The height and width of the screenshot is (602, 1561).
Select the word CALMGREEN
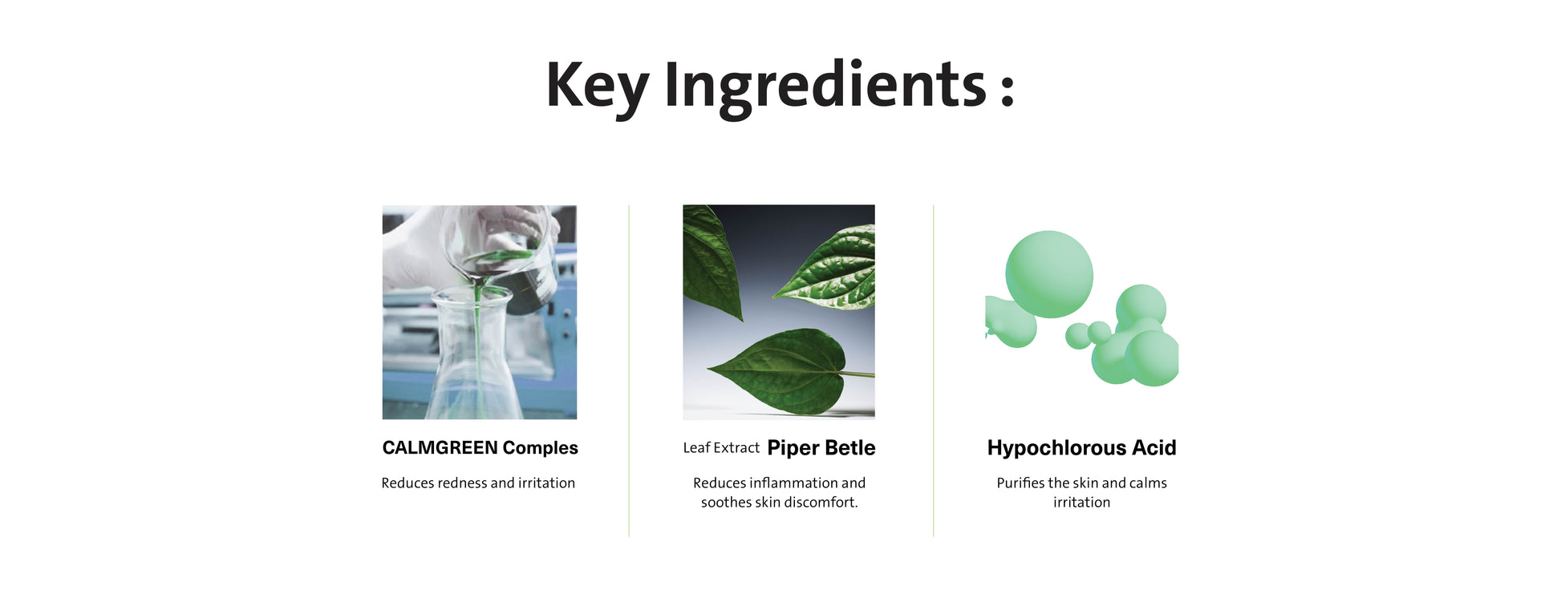(x=440, y=447)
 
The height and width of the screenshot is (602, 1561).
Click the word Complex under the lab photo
(x=540, y=448)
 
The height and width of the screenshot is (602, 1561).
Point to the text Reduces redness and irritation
(x=478, y=483)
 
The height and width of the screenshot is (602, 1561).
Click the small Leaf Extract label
(x=721, y=447)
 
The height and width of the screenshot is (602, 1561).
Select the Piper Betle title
(x=821, y=447)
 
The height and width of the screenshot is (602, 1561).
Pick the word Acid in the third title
(x=1154, y=447)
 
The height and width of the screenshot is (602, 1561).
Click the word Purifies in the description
(x=1020, y=483)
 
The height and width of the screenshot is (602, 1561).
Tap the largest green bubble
(x=1049, y=274)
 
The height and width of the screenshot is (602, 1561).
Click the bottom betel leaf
(x=782, y=372)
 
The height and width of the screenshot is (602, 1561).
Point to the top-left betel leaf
(x=710, y=261)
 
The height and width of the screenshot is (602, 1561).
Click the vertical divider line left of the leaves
(x=629, y=370)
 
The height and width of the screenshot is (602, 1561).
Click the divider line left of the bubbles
(x=933, y=370)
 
